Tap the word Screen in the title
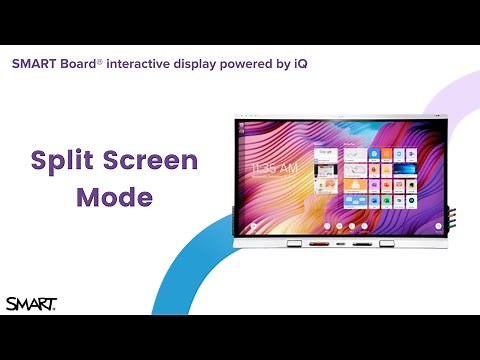[x=151, y=162]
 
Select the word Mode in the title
[x=114, y=196]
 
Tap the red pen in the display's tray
[x=318, y=243]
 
